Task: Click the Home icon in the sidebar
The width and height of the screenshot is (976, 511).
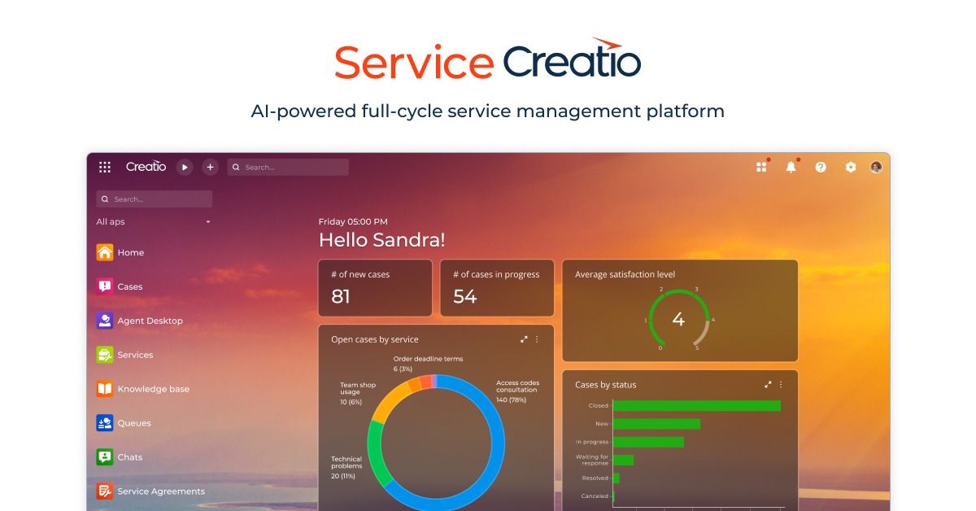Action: pyautogui.click(x=105, y=252)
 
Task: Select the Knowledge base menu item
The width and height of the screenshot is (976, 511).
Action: pyautogui.click(x=153, y=389)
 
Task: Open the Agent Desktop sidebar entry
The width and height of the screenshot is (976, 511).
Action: pyautogui.click(x=150, y=321)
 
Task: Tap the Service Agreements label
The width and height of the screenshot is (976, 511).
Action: pyautogui.click(x=161, y=491)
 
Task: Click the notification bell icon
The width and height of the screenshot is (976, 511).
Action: pyautogui.click(x=791, y=167)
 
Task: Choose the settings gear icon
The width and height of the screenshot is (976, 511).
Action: pyautogui.click(x=851, y=167)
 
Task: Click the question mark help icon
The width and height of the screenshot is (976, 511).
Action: pyautogui.click(x=821, y=167)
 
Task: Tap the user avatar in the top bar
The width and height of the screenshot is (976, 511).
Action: pyautogui.click(x=876, y=167)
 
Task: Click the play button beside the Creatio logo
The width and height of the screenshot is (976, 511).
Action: pyautogui.click(x=185, y=167)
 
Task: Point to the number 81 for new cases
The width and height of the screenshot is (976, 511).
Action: pyautogui.click(x=341, y=297)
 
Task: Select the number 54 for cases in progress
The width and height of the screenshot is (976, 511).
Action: pyautogui.click(x=464, y=297)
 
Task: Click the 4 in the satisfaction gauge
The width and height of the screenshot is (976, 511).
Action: pyautogui.click(x=678, y=320)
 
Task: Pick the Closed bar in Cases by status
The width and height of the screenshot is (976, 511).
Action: pyautogui.click(x=696, y=405)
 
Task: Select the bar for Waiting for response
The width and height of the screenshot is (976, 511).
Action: pyautogui.click(x=623, y=460)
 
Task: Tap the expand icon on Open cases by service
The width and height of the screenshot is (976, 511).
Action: pyautogui.click(x=524, y=339)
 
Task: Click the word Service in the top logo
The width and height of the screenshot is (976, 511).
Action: pyautogui.click(x=414, y=63)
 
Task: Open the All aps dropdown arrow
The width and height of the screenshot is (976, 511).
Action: pyautogui.click(x=208, y=222)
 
